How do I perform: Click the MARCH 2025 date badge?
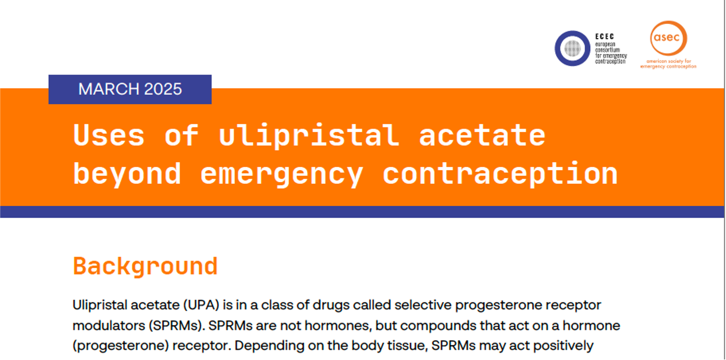[130, 89]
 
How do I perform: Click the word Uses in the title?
[109, 135]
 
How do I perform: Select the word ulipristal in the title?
[309, 136]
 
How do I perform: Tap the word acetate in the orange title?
[482, 136]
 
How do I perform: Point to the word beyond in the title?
[127, 174]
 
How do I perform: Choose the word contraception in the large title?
[500, 173]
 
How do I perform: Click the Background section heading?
[145, 267]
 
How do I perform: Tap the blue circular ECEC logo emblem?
[572, 49]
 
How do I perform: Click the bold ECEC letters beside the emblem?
[604, 36]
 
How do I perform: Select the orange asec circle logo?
[669, 38]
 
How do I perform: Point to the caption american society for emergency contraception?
[669, 64]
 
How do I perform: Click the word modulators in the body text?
[109, 326]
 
